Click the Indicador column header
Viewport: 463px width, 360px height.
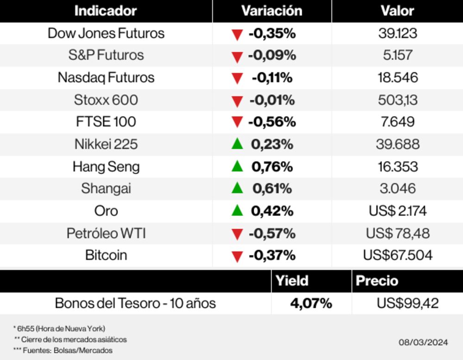point(106,11)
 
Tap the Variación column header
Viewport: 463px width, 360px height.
point(272,11)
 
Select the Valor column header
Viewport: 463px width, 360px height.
point(397,11)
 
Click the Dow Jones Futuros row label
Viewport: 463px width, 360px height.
point(106,33)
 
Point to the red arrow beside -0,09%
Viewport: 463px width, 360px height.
point(237,57)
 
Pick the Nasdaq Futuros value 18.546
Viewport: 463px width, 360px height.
point(398,77)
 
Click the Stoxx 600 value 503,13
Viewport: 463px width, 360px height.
point(398,100)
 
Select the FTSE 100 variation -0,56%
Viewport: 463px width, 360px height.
point(272,122)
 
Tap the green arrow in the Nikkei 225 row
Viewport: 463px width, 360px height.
point(237,144)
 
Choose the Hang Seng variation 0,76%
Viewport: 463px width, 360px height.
point(272,166)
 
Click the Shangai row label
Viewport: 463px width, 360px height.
point(106,189)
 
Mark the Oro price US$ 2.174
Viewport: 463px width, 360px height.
point(398,211)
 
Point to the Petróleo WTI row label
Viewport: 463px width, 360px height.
point(106,233)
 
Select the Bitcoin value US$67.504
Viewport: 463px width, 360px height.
point(398,255)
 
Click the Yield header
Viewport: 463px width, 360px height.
point(292,281)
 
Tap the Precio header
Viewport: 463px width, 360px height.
point(377,281)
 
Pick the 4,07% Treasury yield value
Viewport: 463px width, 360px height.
point(311,303)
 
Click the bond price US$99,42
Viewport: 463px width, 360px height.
point(407,303)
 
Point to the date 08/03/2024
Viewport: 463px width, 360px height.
point(423,342)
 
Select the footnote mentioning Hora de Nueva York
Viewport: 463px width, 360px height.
point(59,328)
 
